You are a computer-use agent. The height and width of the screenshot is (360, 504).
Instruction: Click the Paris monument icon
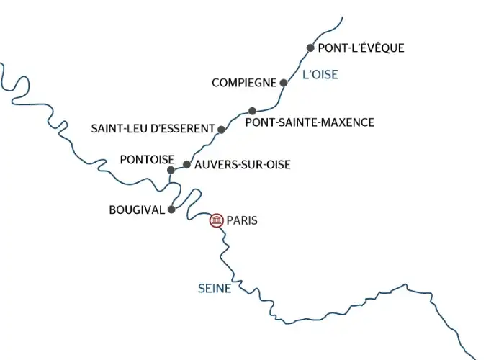pyautogui.click(x=216, y=220)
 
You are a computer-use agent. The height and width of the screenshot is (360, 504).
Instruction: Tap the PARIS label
pyautogui.click(x=242, y=220)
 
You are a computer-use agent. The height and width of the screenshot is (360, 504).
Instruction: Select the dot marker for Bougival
pyautogui.click(x=171, y=210)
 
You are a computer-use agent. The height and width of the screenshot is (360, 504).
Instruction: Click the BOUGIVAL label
pyautogui.click(x=137, y=210)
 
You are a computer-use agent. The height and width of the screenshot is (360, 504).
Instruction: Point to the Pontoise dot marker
pyautogui.click(x=171, y=171)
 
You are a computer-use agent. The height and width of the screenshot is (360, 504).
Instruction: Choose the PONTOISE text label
pyautogui.click(x=148, y=158)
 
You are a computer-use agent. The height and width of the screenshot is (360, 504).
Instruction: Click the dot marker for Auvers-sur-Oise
pyautogui.click(x=186, y=165)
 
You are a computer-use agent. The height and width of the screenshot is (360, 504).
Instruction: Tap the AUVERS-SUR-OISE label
pyautogui.click(x=243, y=165)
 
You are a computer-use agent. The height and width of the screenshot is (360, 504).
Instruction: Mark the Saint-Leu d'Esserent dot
pyautogui.click(x=221, y=130)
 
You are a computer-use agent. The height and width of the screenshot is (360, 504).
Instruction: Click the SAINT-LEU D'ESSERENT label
pyautogui.click(x=153, y=129)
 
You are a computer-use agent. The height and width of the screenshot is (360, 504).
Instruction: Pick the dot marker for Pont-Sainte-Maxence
pyautogui.click(x=252, y=111)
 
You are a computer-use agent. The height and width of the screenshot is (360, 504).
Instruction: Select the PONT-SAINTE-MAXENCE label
pyautogui.click(x=310, y=122)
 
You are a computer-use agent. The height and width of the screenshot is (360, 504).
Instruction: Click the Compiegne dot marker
pyautogui.click(x=283, y=83)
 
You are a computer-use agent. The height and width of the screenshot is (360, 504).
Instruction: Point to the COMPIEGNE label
pyautogui.click(x=244, y=83)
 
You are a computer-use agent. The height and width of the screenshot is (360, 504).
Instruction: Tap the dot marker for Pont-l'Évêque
pyautogui.click(x=310, y=48)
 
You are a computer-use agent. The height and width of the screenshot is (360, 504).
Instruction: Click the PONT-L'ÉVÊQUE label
pyautogui.click(x=361, y=48)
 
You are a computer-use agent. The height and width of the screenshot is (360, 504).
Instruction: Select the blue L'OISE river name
pyautogui.click(x=320, y=73)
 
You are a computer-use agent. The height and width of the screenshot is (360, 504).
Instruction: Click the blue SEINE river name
pyautogui.click(x=215, y=289)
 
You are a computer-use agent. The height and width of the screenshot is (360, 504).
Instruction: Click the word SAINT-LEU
pyautogui.click(x=117, y=129)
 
